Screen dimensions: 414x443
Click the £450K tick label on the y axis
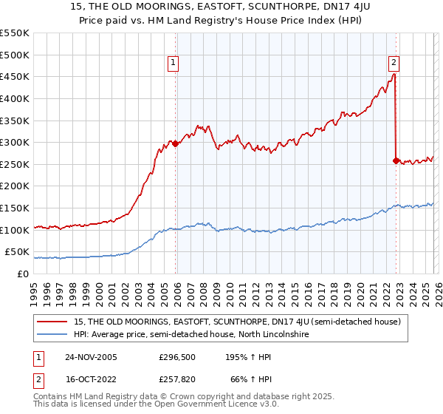tap(14, 76)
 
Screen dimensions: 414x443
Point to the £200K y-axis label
tap(14, 186)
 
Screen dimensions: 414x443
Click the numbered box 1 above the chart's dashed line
tap(174, 64)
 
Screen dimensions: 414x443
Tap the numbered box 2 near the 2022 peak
tap(394, 64)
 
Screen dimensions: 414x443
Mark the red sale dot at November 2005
tap(176, 144)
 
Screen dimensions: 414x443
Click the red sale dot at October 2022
tap(396, 160)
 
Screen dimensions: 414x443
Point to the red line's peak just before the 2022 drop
tap(395, 74)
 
